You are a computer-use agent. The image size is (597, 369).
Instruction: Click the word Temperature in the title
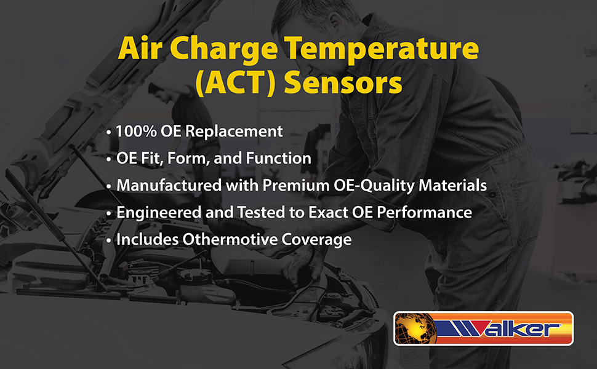(x=382, y=49)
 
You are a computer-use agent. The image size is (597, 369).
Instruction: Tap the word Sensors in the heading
(x=343, y=82)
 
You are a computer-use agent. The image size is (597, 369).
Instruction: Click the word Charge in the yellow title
(x=223, y=49)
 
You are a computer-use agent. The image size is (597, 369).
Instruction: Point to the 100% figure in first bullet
(x=136, y=131)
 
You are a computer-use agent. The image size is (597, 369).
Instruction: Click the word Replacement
(x=234, y=132)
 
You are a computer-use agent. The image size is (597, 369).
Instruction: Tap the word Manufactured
(x=169, y=185)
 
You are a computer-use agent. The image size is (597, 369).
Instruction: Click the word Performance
(x=425, y=212)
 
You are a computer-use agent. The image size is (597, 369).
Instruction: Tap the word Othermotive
(x=230, y=239)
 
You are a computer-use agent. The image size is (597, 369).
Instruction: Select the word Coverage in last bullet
(x=316, y=240)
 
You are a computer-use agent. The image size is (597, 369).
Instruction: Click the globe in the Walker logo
(x=416, y=328)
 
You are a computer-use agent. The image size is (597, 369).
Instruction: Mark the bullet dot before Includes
(x=109, y=241)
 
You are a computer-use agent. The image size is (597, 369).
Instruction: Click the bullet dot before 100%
(x=109, y=133)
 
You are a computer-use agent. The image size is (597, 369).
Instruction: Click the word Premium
(x=296, y=185)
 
